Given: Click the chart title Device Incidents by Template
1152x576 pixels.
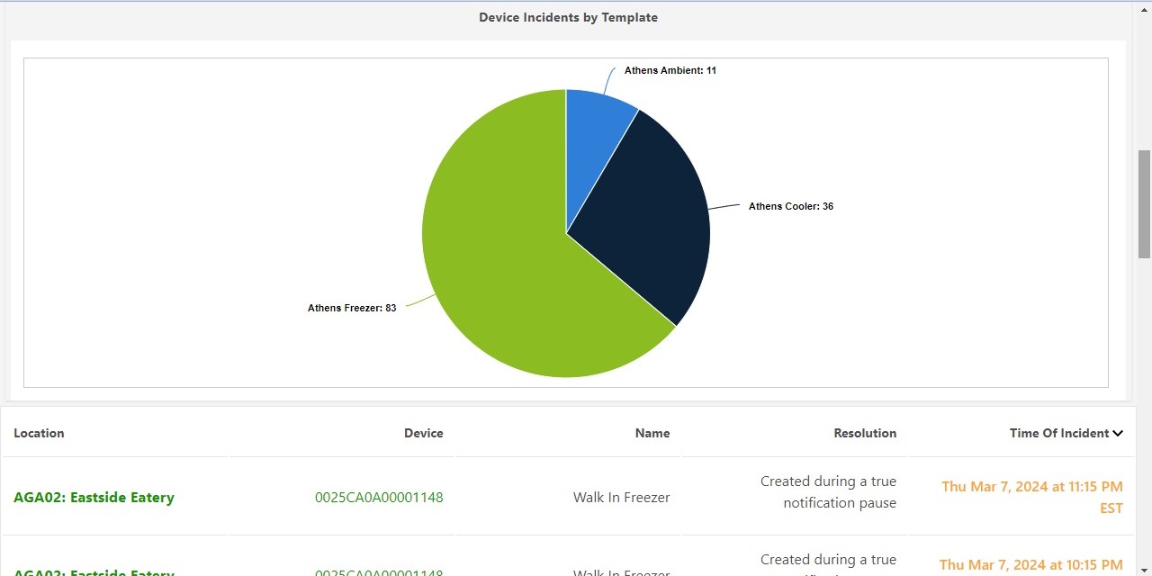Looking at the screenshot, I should (x=568, y=17).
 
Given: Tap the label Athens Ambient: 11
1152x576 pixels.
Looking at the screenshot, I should (x=670, y=70).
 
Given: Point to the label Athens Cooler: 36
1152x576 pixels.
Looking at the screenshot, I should (x=790, y=206).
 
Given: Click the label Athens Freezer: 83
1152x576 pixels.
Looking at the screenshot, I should (x=352, y=308).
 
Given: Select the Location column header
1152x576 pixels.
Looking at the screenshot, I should (x=39, y=433).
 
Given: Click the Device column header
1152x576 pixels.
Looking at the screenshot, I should (x=423, y=433).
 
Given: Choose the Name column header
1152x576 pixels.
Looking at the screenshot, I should (x=652, y=433).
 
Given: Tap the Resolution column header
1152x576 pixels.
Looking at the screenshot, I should (x=864, y=433).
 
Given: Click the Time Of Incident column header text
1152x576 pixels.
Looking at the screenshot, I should (x=1058, y=433).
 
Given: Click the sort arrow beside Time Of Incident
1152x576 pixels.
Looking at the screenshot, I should (x=1118, y=434).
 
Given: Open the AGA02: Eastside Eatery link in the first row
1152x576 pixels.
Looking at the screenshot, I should (x=94, y=498).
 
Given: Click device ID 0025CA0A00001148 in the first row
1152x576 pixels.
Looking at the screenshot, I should (x=379, y=498).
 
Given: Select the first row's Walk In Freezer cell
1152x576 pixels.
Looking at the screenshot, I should (x=621, y=498).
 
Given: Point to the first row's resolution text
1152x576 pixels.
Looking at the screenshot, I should (x=828, y=492).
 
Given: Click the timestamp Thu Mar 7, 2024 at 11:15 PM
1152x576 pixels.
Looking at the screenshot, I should (x=1031, y=487).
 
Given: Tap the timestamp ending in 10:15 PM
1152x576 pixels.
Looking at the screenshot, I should (x=1030, y=565).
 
